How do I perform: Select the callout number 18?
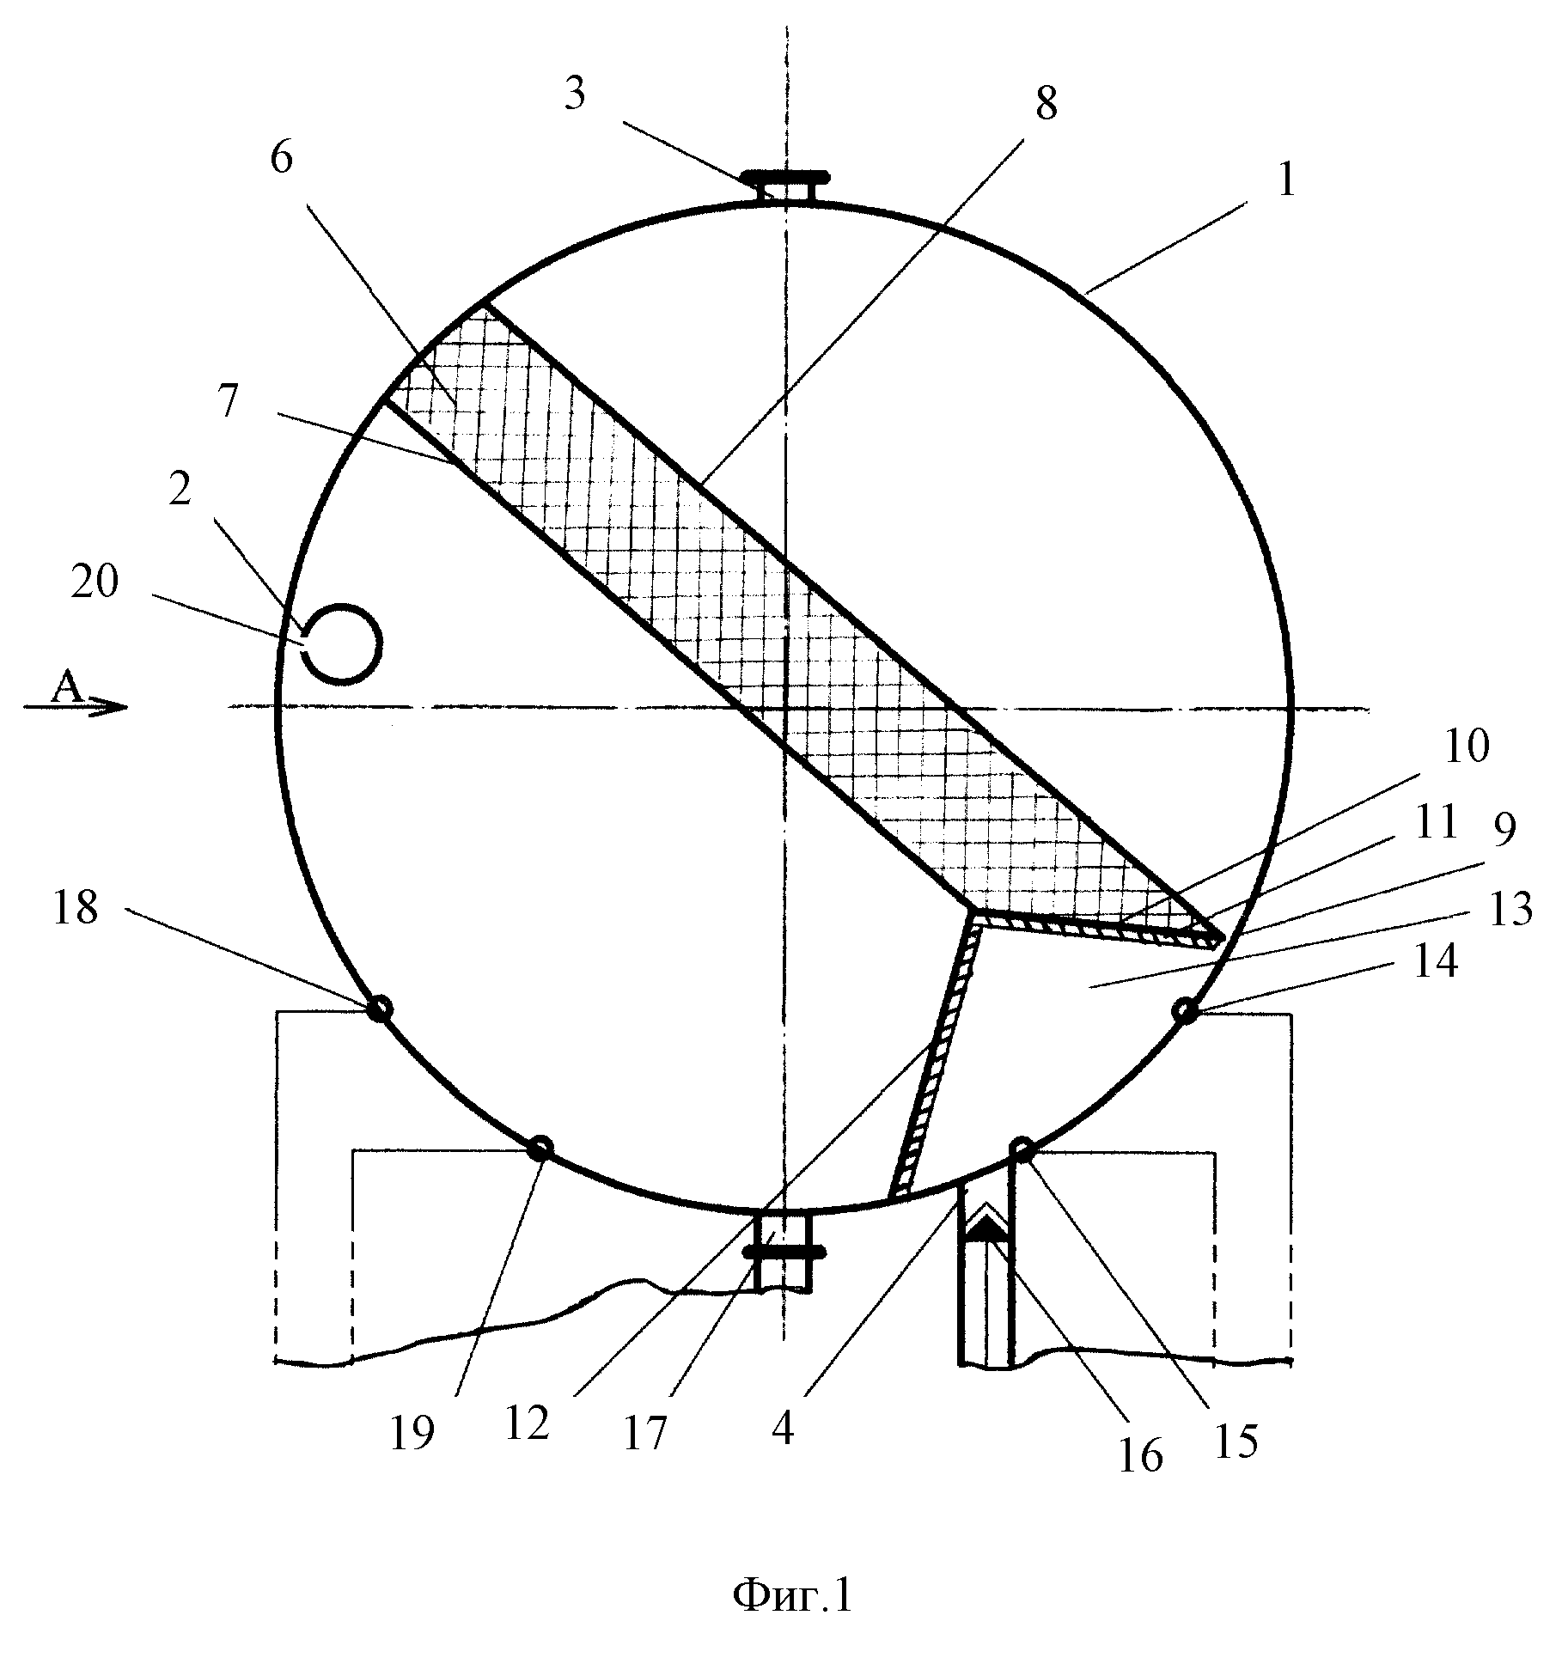pyautogui.click(x=76, y=907)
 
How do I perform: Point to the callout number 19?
pyautogui.click(x=412, y=1432)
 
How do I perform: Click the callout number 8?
pyautogui.click(x=1046, y=103)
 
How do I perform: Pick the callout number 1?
pyautogui.click(x=1285, y=181)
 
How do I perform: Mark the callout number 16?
pyautogui.click(x=1140, y=1455)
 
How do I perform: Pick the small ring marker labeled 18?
pyautogui.click(x=379, y=1009)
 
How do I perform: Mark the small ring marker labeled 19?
pyautogui.click(x=540, y=1148)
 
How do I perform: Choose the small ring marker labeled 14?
pyautogui.click(x=1185, y=1010)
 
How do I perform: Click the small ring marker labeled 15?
pyautogui.click(x=1022, y=1149)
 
